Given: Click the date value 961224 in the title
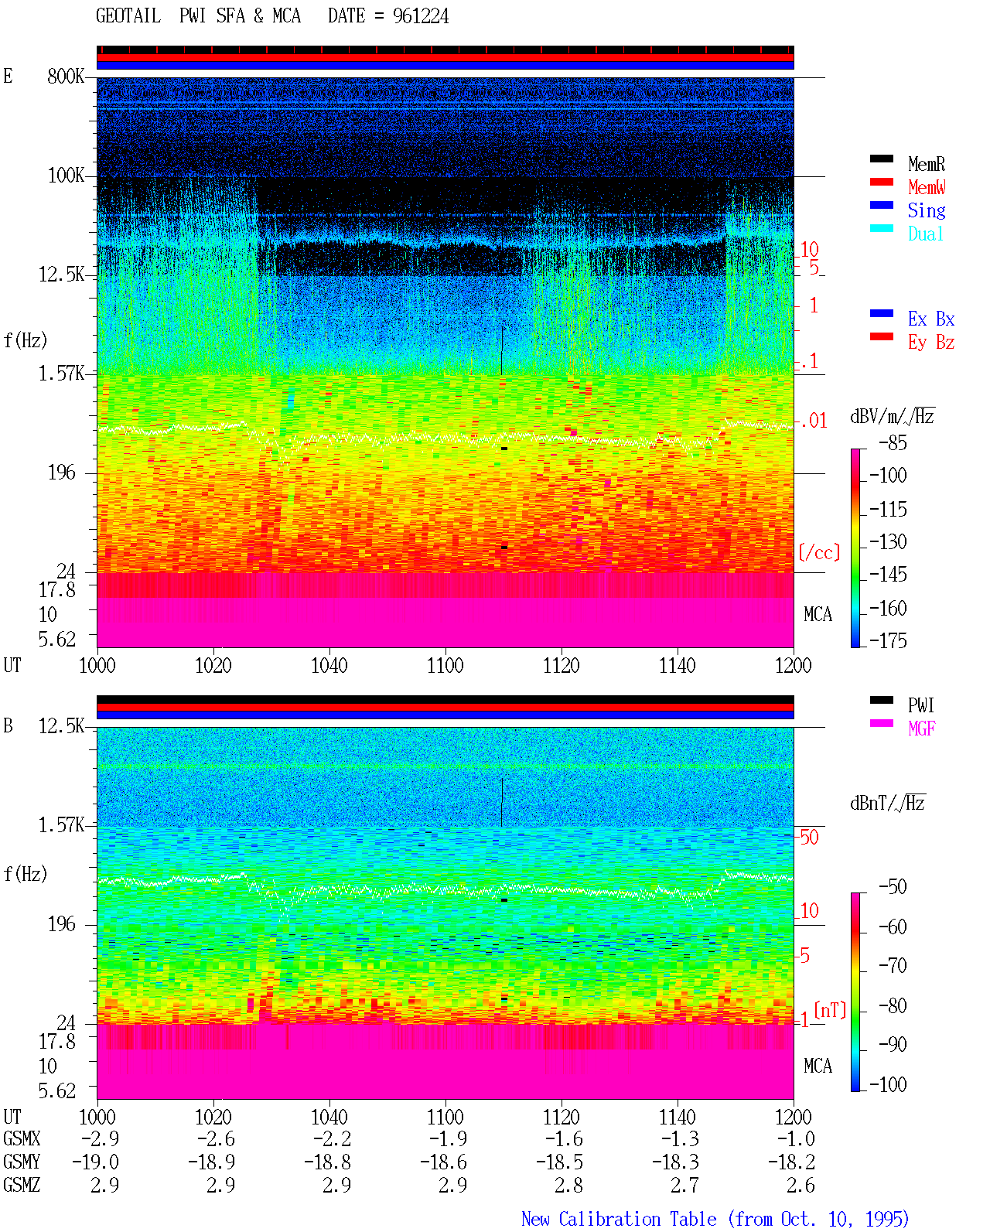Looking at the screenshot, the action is (x=420, y=16).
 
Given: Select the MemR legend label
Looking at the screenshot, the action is (x=926, y=164).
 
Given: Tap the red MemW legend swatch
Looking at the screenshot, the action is (x=881, y=182).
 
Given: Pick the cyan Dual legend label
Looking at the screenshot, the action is (x=925, y=234).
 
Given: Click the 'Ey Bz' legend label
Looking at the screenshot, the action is (x=931, y=342).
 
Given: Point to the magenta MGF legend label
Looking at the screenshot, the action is (x=921, y=729).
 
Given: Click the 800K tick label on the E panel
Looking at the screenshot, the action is (x=65, y=76).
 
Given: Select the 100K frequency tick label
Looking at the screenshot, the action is (x=66, y=176).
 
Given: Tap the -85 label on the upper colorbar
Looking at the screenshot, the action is (x=893, y=442).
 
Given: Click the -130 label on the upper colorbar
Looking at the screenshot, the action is (x=888, y=541).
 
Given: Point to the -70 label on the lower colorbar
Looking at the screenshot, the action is (x=893, y=966).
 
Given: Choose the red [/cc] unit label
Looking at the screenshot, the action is (x=819, y=552).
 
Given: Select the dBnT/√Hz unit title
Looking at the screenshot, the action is (x=887, y=803).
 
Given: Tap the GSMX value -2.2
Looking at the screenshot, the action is (x=333, y=1138).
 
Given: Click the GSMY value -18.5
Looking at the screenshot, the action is (x=559, y=1162).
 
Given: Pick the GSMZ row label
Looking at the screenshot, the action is (x=22, y=1185).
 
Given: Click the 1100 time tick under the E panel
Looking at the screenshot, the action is (x=445, y=665).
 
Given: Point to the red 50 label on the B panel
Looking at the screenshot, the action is (x=809, y=838).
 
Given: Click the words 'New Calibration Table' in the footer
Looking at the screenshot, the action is (x=619, y=1219).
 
